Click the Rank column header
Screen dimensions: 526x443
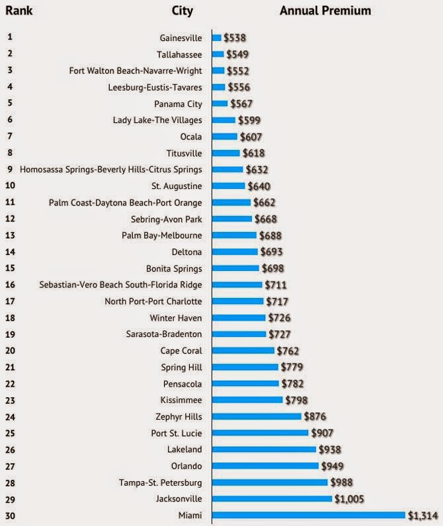pos(19,11)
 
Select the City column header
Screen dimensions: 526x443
pos(182,11)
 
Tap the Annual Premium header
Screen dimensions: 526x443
pos(325,11)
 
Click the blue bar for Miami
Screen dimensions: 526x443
pos(308,515)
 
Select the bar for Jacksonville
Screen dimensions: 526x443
pos(272,499)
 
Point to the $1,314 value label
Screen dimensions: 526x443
pos(422,515)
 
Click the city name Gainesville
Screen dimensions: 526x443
pos(181,38)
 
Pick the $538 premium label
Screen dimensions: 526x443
pos(235,38)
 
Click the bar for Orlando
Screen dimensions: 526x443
pos(264,466)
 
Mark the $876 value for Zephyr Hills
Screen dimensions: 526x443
pos(315,416)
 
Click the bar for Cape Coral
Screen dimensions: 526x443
pos(243,351)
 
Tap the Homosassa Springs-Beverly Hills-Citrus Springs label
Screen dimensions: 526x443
pos(111,169)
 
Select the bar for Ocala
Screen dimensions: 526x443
pos(225,137)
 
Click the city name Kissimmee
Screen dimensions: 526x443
pos(181,400)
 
